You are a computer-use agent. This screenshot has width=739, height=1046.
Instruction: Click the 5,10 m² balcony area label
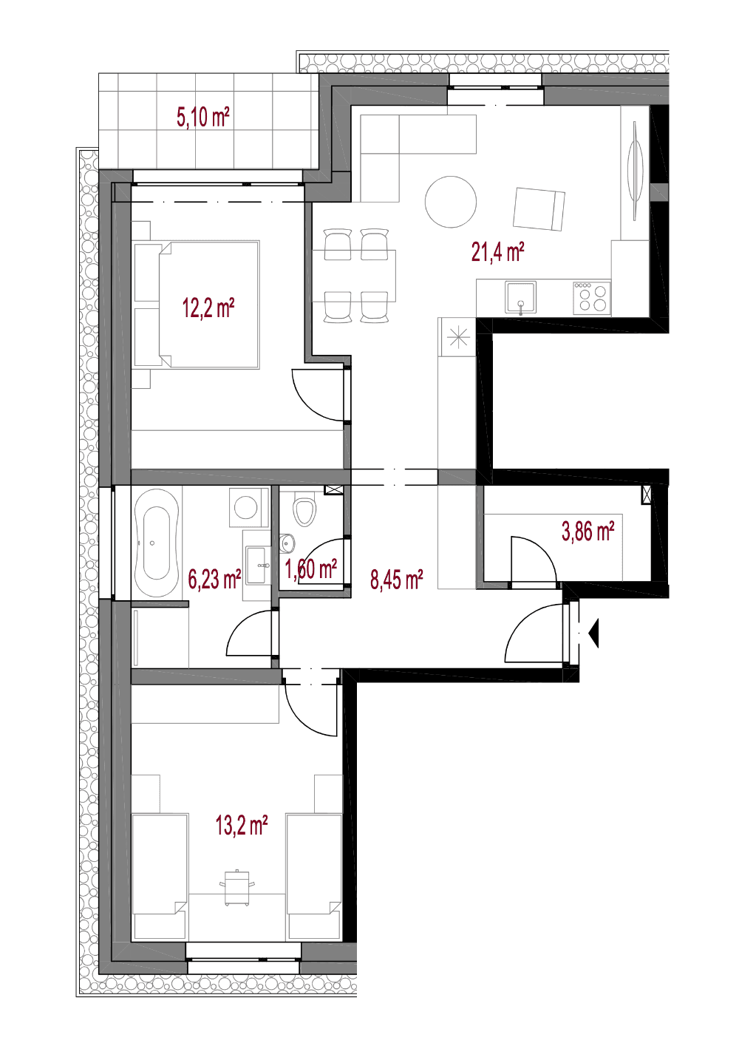(203, 117)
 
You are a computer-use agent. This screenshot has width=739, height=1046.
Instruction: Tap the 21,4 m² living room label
(497, 252)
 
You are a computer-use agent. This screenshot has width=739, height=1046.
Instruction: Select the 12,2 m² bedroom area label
(208, 308)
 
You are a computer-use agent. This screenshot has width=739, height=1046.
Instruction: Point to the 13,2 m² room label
(242, 825)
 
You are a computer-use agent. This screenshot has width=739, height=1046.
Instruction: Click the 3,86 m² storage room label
(588, 532)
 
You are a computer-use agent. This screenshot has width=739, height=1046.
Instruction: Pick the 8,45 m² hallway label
(396, 580)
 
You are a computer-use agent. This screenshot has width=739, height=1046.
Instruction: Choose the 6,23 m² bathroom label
(214, 579)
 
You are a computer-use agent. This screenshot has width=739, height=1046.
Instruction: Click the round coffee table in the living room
(451, 202)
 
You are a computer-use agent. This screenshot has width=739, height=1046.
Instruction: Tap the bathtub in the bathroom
(157, 543)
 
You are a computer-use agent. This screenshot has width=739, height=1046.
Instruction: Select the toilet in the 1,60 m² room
(304, 510)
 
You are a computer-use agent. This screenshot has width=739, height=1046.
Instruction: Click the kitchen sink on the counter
(520, 297)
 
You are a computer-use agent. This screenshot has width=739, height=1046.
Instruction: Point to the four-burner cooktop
(592, 297)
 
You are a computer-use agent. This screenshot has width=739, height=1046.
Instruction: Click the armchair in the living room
(539, 209)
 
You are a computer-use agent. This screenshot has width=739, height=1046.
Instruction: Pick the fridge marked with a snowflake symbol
(457, 336)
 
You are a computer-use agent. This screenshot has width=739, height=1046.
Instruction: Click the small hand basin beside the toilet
(287, 543)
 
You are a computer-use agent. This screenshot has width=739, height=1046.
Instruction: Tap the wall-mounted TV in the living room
(636, 171)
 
